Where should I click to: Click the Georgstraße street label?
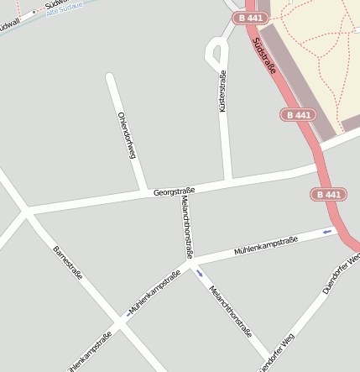174,192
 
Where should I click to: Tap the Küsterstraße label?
222,92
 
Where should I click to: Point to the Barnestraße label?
67,264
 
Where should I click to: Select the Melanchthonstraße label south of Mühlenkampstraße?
229,310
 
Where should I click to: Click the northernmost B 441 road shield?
253,18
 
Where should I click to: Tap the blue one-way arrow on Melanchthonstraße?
200,273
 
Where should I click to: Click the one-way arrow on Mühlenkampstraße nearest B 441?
327,231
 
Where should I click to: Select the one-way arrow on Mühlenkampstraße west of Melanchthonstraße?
128,313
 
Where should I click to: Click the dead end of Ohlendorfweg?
109,77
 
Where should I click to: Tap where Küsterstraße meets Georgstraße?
227,181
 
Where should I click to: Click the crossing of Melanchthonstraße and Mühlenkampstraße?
190,262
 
